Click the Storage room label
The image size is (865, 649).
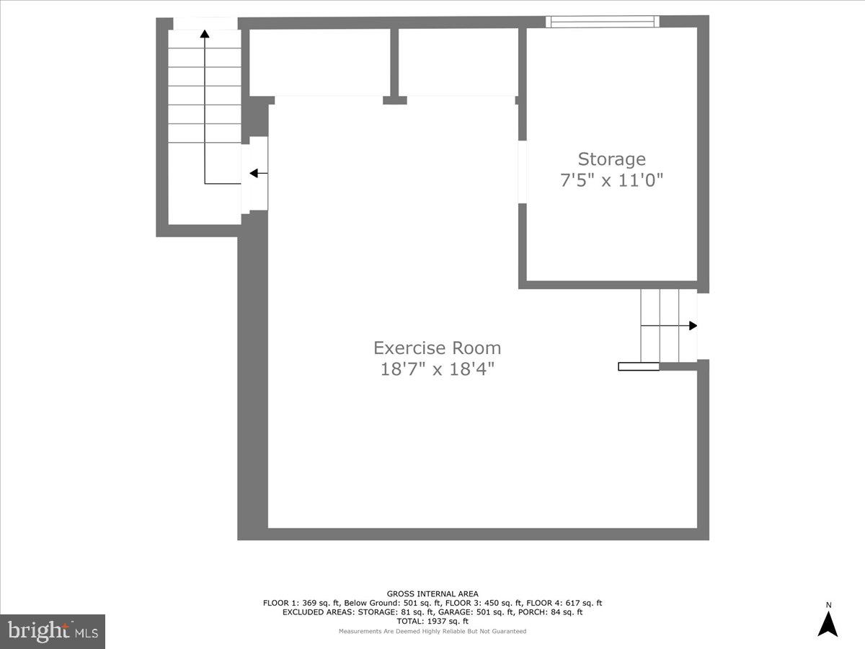pos(611,159)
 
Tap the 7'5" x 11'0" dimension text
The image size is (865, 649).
pos(611,180)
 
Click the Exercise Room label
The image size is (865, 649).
pos(437,348)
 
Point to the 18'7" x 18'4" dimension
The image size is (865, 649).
pos(437,369)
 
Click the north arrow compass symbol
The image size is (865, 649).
pos(828,623)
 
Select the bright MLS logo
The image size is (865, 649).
pos(53,631)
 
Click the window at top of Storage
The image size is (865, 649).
pos(602,22)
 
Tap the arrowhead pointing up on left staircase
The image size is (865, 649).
pos(205,33)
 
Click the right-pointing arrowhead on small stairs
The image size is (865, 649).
pos(693,325)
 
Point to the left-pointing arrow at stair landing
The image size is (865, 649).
pos(254,173)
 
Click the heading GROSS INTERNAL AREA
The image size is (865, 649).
pos(432,594)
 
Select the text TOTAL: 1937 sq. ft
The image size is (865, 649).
pos(432,621)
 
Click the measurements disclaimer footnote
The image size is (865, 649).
pos(432,631)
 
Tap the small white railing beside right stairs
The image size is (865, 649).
pos(639,366)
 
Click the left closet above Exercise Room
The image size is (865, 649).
pos(319,62)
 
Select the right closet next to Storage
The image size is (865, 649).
pos(458,62)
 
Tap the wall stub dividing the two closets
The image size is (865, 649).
pos(394,65)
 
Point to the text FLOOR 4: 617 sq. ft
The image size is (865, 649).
pos(564,603)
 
